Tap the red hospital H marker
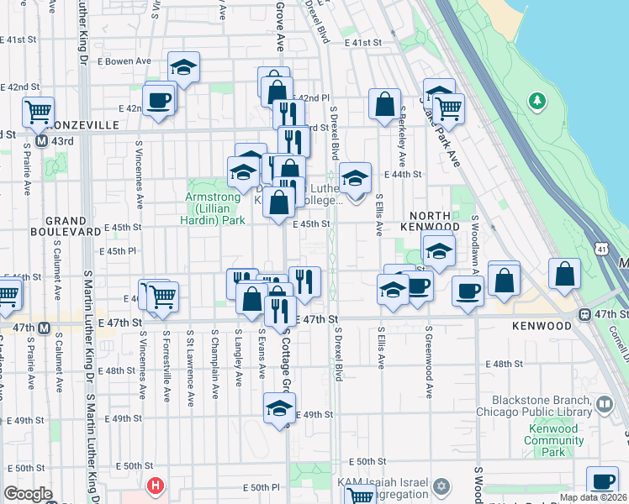(155, 485)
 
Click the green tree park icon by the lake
(536, 102)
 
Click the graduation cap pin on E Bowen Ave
(183, 67)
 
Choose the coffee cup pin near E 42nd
(159, 100)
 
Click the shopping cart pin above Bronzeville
(38, 110)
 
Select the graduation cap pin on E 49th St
(279, 408)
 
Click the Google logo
(28, 493)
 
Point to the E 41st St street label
(362, 42)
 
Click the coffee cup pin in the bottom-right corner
(601, 481)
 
